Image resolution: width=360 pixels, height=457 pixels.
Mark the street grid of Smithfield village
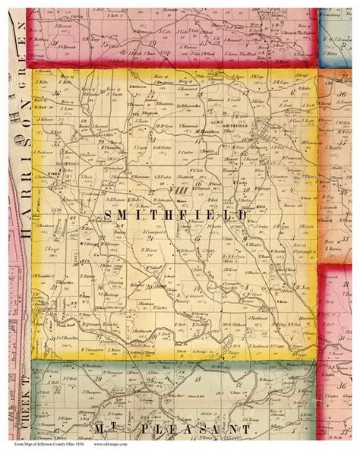262,129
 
